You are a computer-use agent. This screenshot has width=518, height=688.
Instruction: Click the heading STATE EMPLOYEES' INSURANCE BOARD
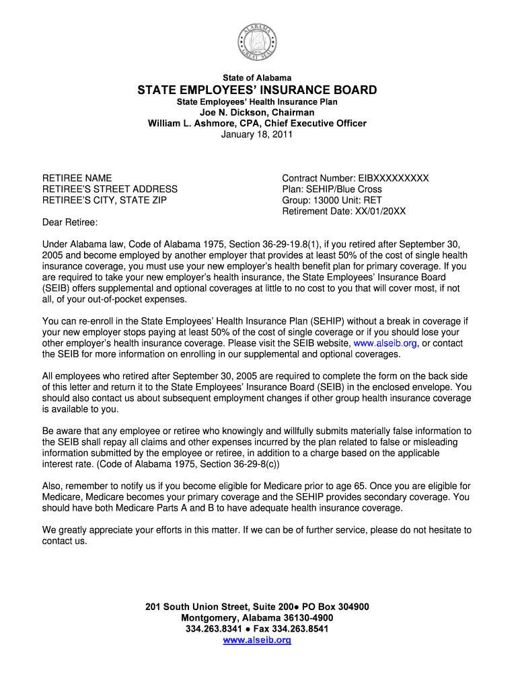coord(257,90)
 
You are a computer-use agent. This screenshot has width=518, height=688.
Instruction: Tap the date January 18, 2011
coord(257,134)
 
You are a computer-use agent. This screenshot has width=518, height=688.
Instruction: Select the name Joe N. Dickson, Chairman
coord(257,112)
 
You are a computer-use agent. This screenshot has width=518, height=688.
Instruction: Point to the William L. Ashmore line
coord(257,124)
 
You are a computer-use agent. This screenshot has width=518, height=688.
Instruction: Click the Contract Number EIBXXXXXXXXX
coord(355,179)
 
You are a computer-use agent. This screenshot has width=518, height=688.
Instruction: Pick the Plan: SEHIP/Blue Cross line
coord(332,189)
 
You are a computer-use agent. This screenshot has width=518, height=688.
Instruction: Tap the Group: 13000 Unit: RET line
coord(332,200)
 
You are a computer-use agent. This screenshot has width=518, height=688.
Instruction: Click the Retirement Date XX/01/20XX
coord(344,211)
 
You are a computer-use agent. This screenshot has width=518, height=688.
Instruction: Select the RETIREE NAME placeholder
coord(77,179)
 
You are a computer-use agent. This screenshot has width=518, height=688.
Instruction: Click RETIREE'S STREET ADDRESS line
coord(110,189)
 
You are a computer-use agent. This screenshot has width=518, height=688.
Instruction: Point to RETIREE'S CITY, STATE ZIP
coord(104,200)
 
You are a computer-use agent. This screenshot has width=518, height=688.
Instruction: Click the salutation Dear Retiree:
coord(70,222)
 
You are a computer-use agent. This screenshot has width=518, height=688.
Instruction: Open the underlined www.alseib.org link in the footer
coord(257,640)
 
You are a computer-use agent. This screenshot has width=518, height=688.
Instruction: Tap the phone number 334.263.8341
coord(213,629)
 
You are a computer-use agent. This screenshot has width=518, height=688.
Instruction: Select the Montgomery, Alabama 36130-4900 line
coord(257,618)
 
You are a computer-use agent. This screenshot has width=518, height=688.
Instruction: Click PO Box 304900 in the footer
coord(335,607)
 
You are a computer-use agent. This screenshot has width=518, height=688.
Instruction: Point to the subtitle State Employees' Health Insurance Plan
coord(257,101)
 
